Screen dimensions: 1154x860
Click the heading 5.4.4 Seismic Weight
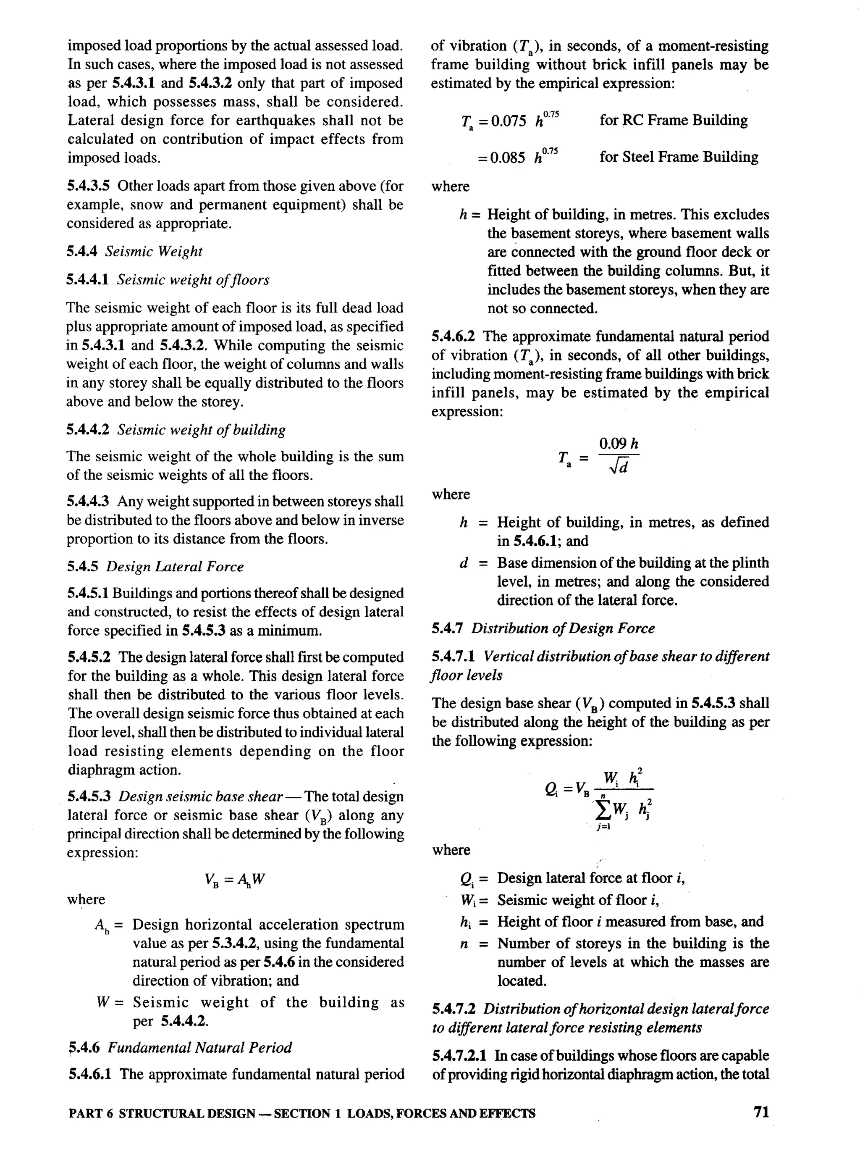134,252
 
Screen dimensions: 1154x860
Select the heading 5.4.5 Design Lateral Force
155,567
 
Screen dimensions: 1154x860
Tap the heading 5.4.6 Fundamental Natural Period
180,1047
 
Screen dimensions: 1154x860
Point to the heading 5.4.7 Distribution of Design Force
543,628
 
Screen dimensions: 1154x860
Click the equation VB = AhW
235,880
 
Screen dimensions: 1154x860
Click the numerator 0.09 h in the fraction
619,444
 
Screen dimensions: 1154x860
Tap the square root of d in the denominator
619,467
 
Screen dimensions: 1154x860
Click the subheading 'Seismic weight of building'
201,430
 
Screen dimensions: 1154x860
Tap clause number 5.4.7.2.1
459,1056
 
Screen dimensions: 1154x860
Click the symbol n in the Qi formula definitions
463,944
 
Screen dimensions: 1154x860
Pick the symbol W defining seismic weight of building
102,1002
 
